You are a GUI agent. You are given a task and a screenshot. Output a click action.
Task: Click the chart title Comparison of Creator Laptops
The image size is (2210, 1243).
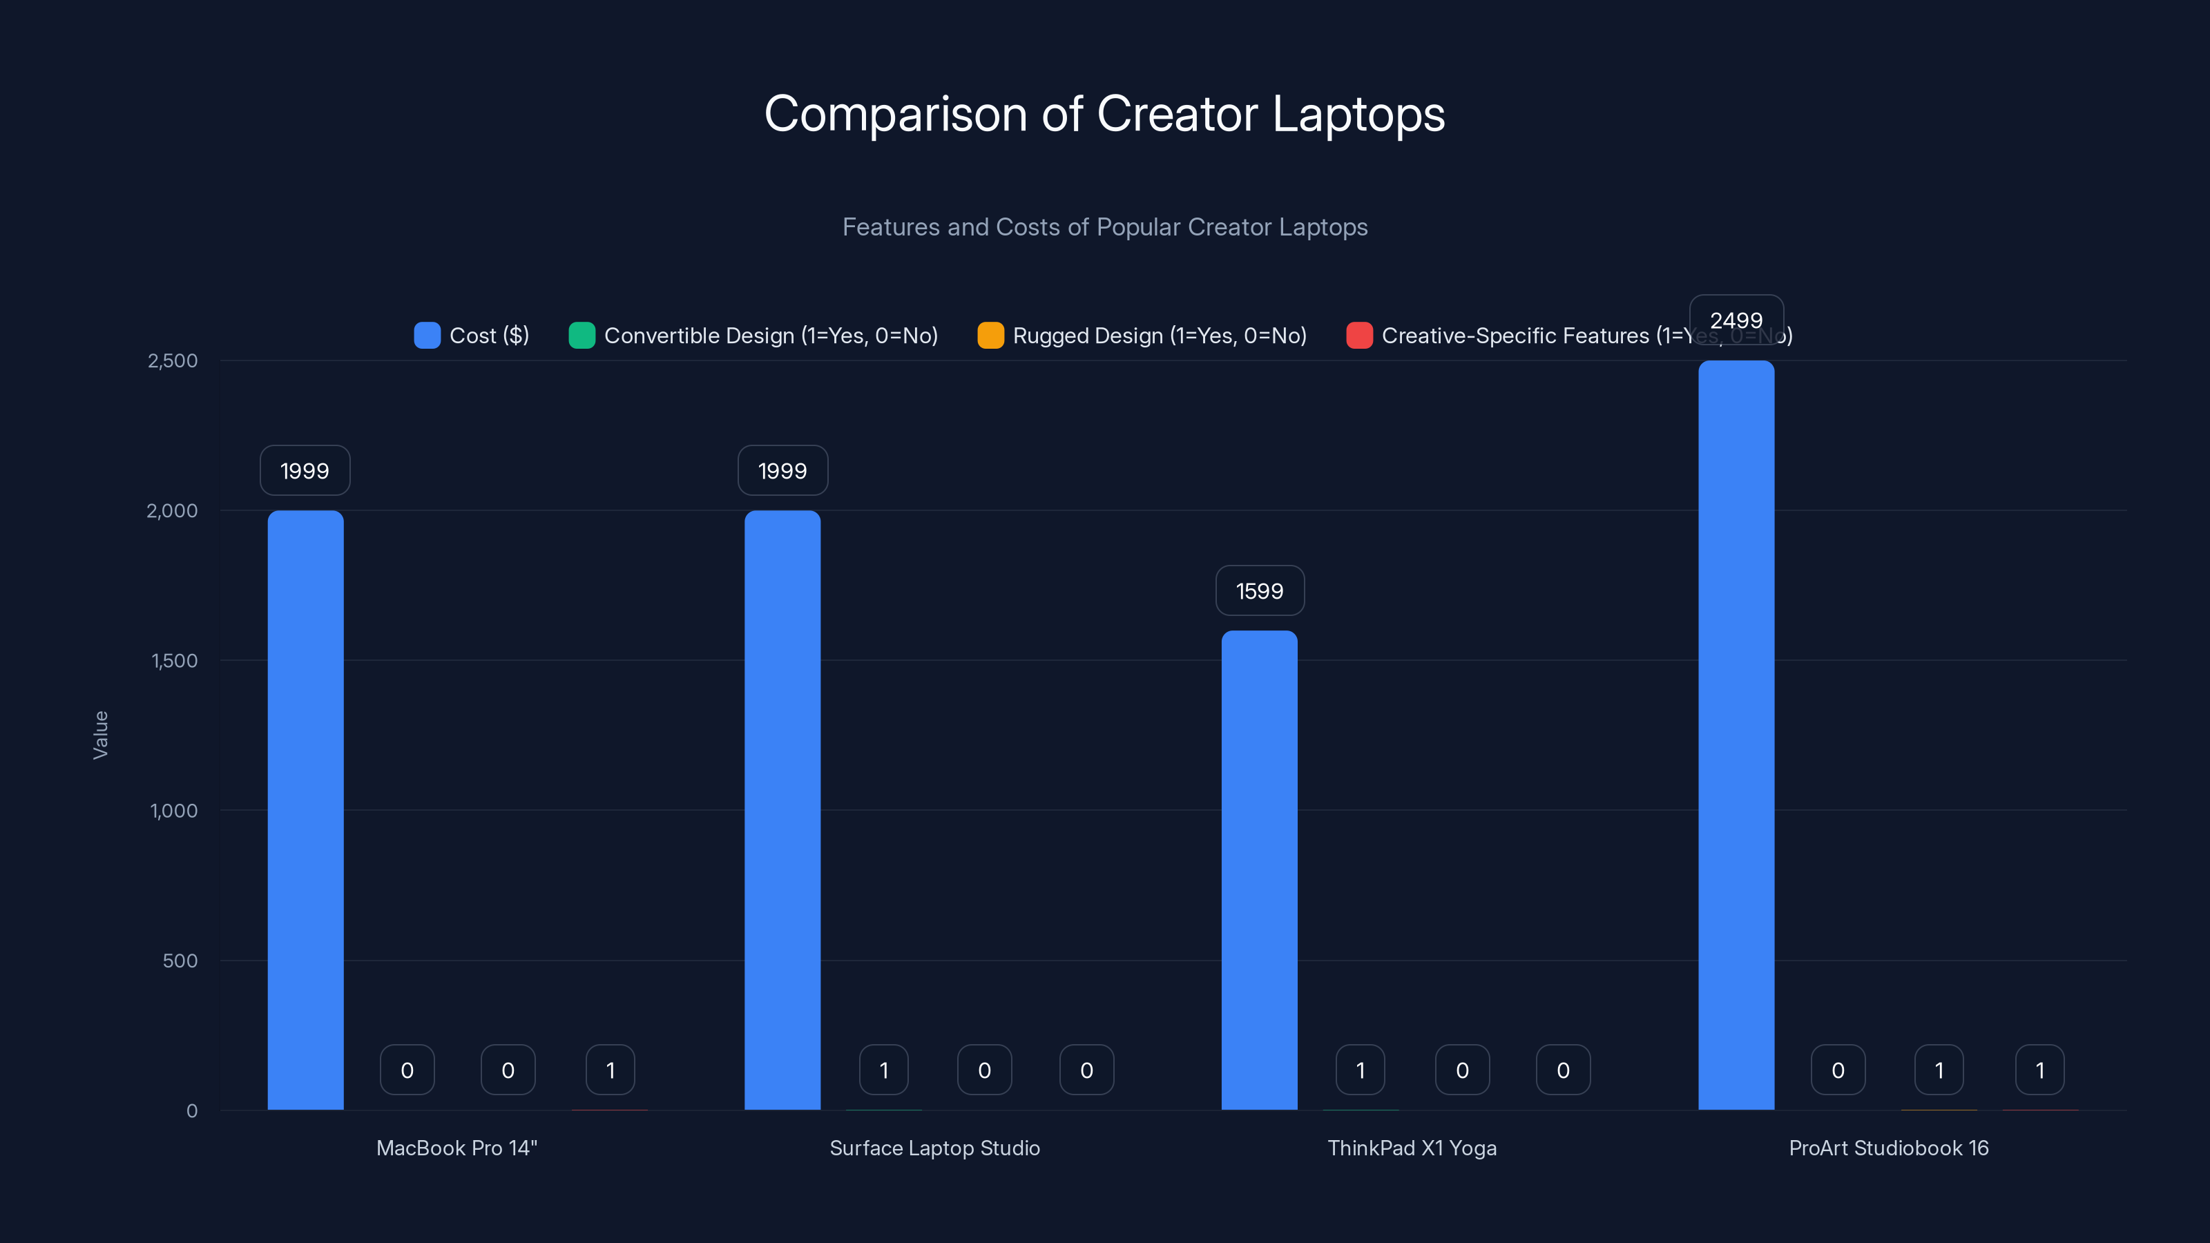tap(1104, 114)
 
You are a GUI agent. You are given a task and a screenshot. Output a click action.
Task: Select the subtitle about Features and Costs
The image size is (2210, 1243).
tap(1104, 227)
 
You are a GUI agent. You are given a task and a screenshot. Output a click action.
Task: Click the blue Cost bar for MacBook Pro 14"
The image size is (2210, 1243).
tap(305, 810)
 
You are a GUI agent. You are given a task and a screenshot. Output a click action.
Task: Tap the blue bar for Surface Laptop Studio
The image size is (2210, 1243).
tap(782, 810)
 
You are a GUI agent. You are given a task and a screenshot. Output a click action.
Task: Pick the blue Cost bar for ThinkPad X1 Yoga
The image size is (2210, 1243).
tap(1260, 870)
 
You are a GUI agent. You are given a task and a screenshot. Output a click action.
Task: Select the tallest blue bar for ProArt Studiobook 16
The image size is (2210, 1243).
tap(1736, 735)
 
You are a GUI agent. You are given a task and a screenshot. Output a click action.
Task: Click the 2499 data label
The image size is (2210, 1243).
tap(1736, 320)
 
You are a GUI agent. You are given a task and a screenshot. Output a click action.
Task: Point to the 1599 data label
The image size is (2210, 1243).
tap(1260, 591)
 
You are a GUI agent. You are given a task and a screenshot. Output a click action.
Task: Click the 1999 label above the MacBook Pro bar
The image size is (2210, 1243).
tap(305, 471)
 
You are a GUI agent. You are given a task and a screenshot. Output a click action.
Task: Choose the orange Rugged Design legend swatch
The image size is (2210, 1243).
tap(990, 336)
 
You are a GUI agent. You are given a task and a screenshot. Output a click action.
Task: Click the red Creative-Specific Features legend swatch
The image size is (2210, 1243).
tap(1359, 336)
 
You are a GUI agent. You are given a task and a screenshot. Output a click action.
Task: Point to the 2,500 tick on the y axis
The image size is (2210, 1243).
tap(173, 361)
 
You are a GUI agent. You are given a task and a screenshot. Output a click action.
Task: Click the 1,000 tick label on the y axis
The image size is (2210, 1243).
tap(174, 811)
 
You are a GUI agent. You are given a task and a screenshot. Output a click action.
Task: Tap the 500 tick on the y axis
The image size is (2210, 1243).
tap(180, 961)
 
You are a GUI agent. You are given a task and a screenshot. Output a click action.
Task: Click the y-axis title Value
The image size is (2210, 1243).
tap(100, 735)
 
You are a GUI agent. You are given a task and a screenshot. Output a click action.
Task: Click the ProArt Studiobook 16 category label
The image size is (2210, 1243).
tap(1888, 1148)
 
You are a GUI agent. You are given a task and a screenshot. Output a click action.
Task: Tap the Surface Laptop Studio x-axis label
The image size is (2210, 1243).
tap(934, 1148)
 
